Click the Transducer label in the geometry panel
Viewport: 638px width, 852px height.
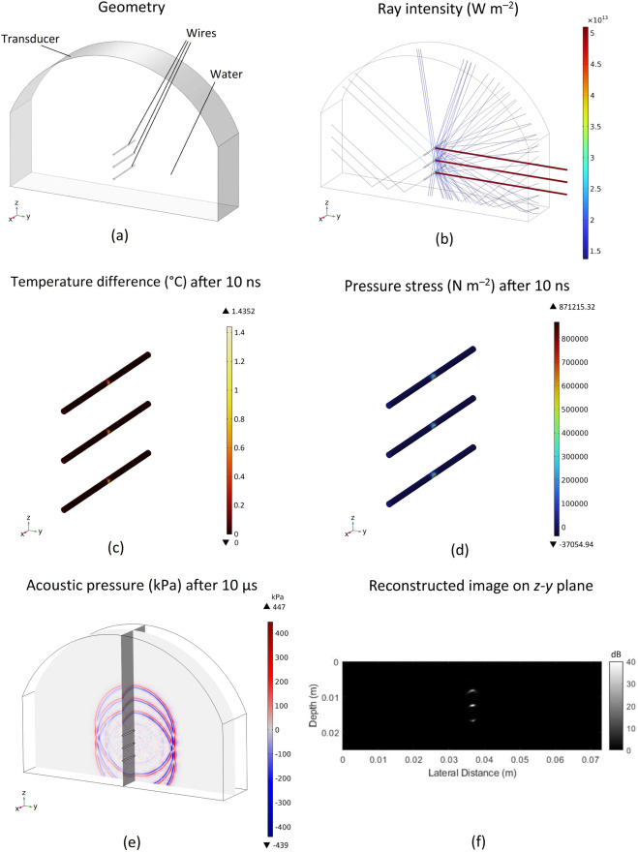pos(30,39)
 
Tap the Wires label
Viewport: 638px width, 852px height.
pos(201,33)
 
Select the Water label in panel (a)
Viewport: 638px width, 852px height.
pos(227,74)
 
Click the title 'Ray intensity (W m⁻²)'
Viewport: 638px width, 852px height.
pos(448,8)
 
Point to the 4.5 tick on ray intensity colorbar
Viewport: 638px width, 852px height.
pos(596,64)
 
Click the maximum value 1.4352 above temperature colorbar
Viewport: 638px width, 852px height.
pos(243,312)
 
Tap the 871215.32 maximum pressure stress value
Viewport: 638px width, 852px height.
pos(577,307)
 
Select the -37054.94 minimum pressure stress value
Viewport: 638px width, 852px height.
pos(576,544)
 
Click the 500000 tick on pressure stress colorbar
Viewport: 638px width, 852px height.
pos(574,410)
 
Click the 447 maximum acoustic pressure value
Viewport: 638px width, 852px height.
pos(280,606)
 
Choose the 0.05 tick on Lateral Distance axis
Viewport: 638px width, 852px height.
pos(520,760)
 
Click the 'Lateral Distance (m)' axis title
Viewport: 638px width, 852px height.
pos(472,773)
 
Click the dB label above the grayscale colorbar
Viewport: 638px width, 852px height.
pos(615,654)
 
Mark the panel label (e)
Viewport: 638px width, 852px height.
pos(132,842)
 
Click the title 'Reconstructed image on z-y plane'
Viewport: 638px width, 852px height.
pos(480,586)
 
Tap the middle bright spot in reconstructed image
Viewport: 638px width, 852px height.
pos(472,706)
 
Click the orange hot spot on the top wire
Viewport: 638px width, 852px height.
pos(107,382)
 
